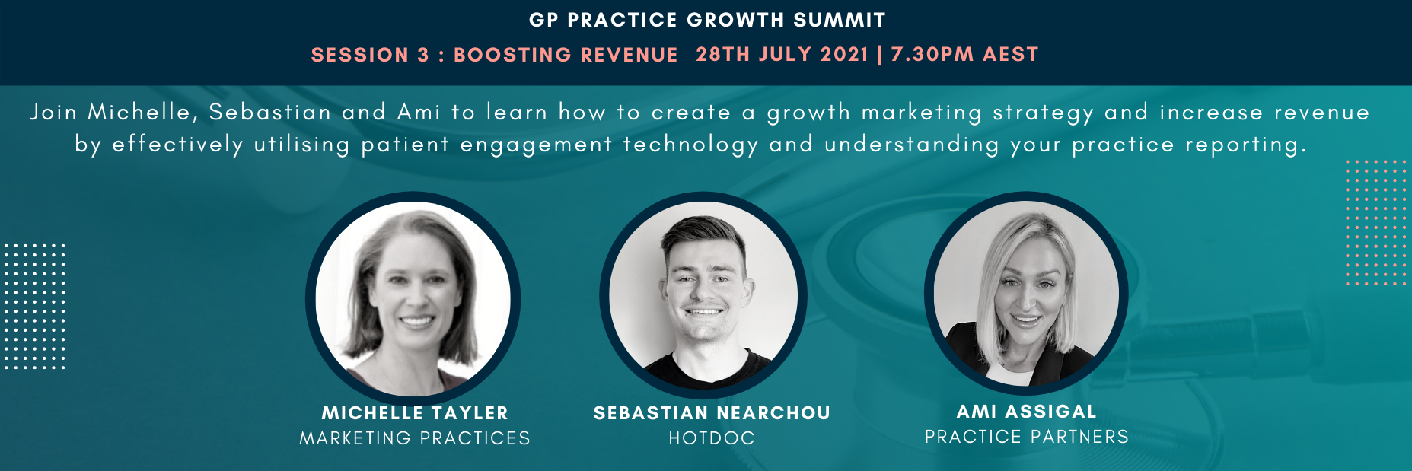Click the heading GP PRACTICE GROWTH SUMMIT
tap(707, 20)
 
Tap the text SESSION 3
tap(370, 55)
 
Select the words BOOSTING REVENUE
tap(566, 55)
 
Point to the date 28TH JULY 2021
tap(782, 54)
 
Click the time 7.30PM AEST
tap(964, 54)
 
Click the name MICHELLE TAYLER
tap(415, 413)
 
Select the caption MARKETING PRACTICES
tap(415, 438)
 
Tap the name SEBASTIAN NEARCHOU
tap(712, 413)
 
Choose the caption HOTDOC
tap(712, 438)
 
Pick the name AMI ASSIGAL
tap(1026, 412)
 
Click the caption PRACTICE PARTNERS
tap(1026, 437)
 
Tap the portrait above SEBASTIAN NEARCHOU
tap(704, 295)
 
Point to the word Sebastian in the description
tap(270, 113)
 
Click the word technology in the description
tap(690, 145)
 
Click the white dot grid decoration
tap(35, 307)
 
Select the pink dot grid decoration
tap(1375, 223)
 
